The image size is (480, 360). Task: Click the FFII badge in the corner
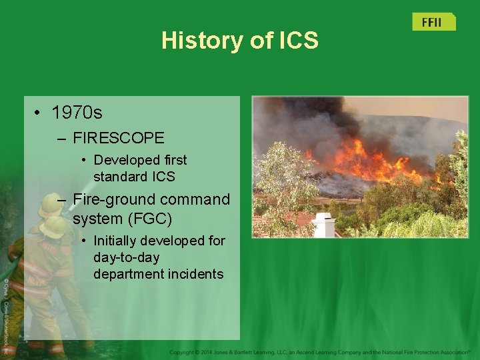433,22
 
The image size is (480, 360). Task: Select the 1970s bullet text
77,112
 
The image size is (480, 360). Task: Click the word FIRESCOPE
119,138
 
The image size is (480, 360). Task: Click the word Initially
116,241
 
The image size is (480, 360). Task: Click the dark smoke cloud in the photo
313,120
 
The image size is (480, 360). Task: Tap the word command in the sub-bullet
193,199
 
